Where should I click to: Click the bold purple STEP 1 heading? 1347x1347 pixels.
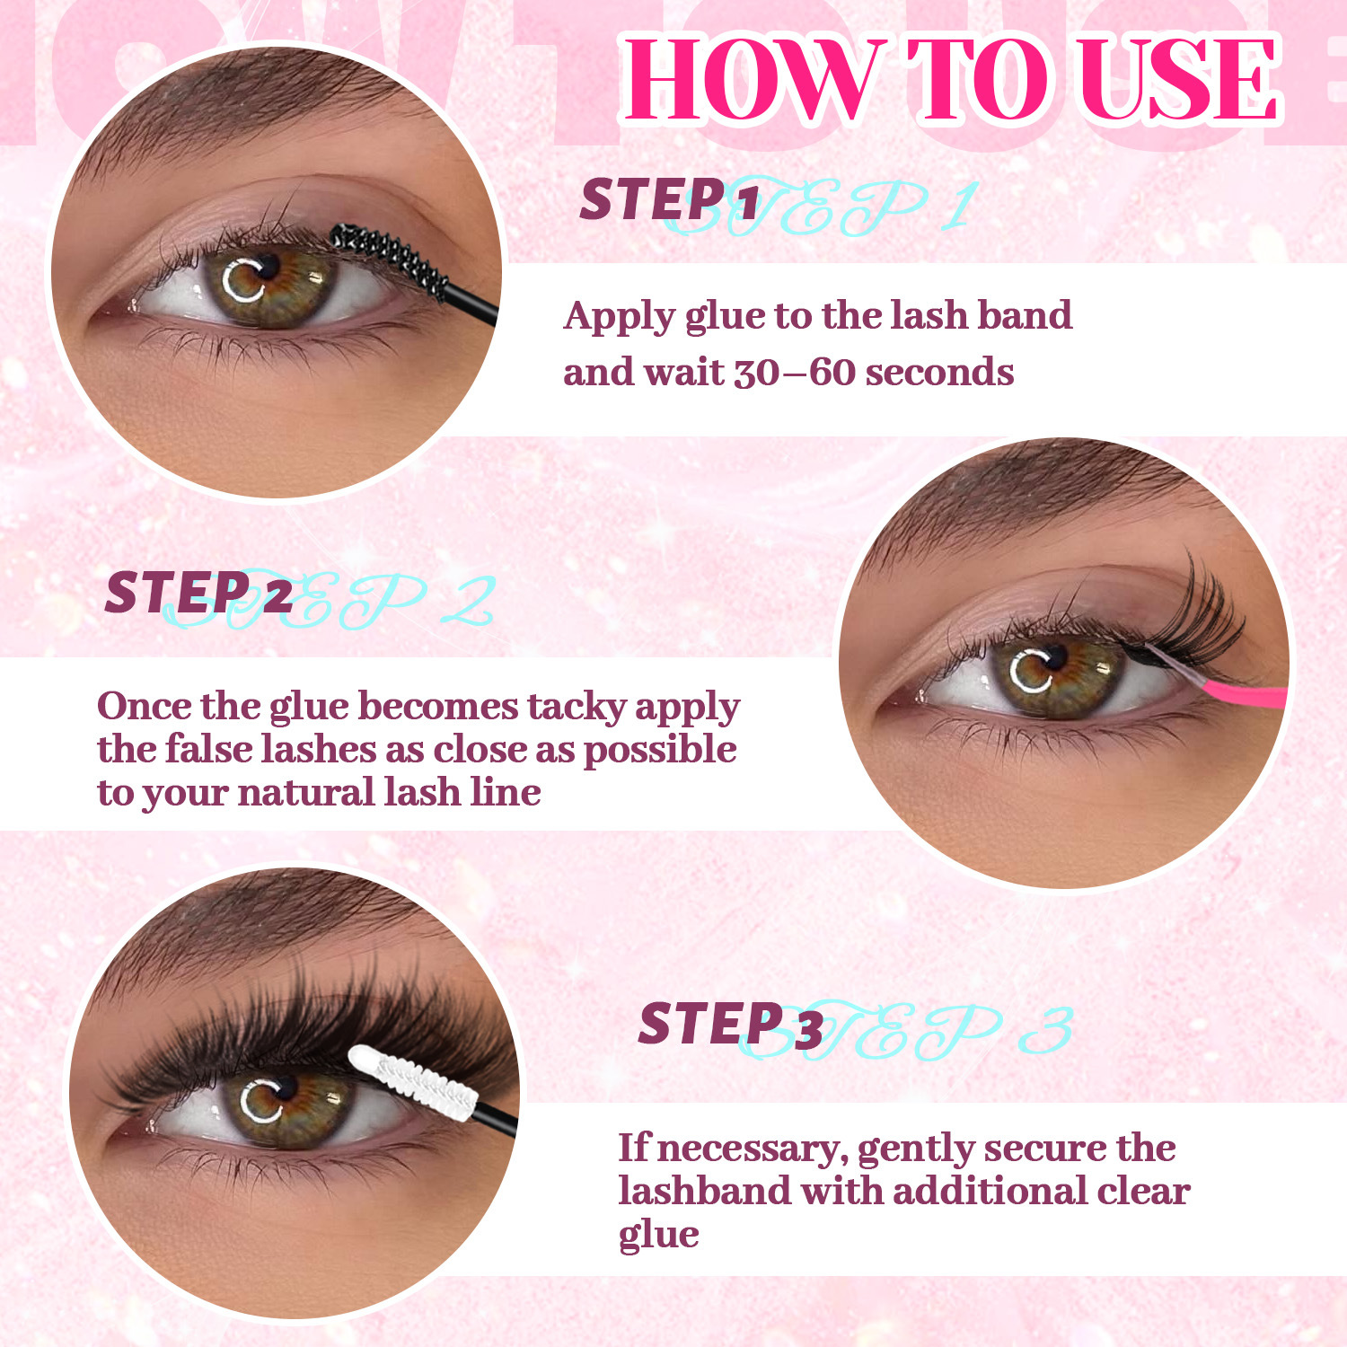pyautogui.click(x=669, y=199)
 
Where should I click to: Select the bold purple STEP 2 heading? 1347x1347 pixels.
pyautogui.click(x=198, y=593)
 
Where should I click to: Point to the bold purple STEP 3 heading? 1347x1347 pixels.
pyautogui.click(x=731, y=1024)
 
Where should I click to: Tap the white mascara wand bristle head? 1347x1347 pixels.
pyautogui.click(x=412, y=1079)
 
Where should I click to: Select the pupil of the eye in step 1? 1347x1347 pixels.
pyautogui.click(x=267, y=267)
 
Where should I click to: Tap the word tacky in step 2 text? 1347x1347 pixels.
pyautogui.click(x=577, y=708)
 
